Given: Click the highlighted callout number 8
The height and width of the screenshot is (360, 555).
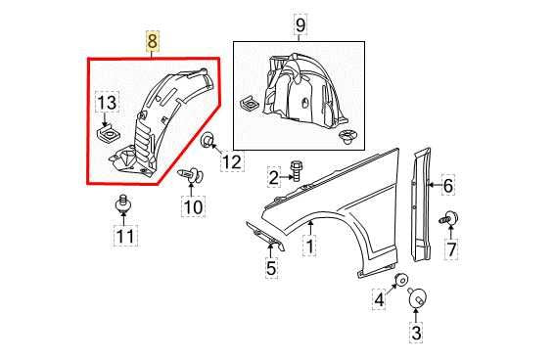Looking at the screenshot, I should click(x=151, y=43).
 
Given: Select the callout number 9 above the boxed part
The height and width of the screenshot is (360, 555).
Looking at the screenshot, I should click(x=300, y=24).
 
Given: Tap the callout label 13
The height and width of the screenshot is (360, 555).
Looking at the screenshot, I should click(x=106, y=104).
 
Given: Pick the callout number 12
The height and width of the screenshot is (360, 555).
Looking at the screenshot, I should click(x=230, y=162).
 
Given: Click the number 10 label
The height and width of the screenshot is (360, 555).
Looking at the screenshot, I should click(x=192, y=206).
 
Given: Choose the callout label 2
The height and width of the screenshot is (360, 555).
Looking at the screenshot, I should click(x=275, y=177).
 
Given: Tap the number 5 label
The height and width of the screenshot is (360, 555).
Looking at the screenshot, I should click(x=271, y=266).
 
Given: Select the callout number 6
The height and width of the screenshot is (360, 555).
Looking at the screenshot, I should click(x=448, y=185).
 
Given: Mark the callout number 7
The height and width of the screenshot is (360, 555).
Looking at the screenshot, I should click(x=451, y=250).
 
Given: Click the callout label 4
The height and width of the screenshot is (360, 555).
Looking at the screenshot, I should click(x=378, y=300).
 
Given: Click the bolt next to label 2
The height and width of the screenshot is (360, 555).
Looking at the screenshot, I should click(x=299, y=175).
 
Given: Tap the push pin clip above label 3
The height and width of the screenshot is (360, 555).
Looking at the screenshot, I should click(x=417, y=295).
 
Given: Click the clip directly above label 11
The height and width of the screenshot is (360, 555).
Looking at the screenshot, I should click(x=123, y=205).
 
